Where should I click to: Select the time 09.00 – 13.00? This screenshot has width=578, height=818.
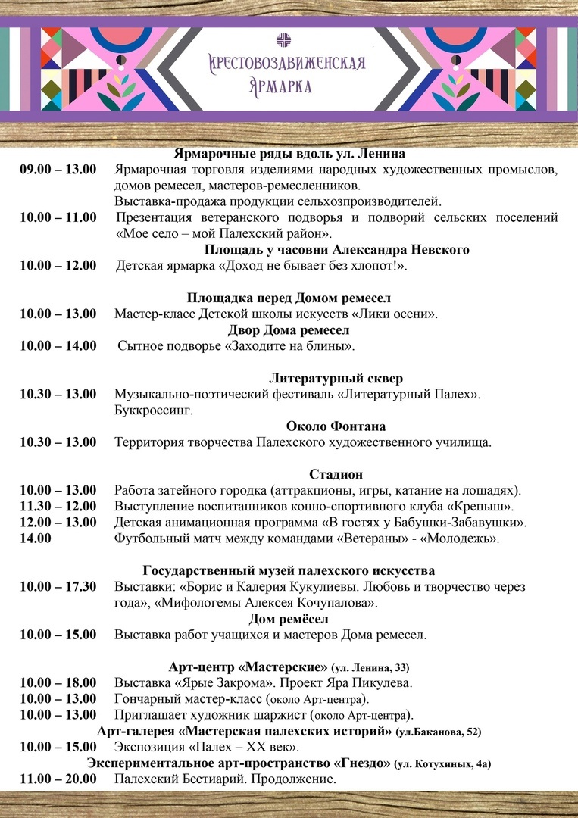point(58,169)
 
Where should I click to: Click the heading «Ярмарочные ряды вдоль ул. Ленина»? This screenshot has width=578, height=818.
point(289,154)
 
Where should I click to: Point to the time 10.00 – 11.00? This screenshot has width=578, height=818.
point(58,217)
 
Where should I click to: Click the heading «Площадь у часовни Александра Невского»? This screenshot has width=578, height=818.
point(336,249)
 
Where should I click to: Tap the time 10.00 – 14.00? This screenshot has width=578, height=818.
point(58,345)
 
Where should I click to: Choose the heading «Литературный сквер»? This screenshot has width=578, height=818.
point(336,378)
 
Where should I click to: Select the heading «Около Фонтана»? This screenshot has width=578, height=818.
point(336,426)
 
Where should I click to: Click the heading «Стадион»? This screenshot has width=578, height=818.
point(336,474)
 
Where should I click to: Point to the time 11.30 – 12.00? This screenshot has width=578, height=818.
point(58,506)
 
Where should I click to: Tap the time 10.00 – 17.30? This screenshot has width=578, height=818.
point(58,587)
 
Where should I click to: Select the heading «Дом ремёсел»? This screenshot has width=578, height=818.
point(288,619)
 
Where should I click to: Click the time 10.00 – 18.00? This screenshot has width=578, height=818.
point(58,682)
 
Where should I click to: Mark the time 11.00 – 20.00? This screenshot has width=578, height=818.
point(58,779)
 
